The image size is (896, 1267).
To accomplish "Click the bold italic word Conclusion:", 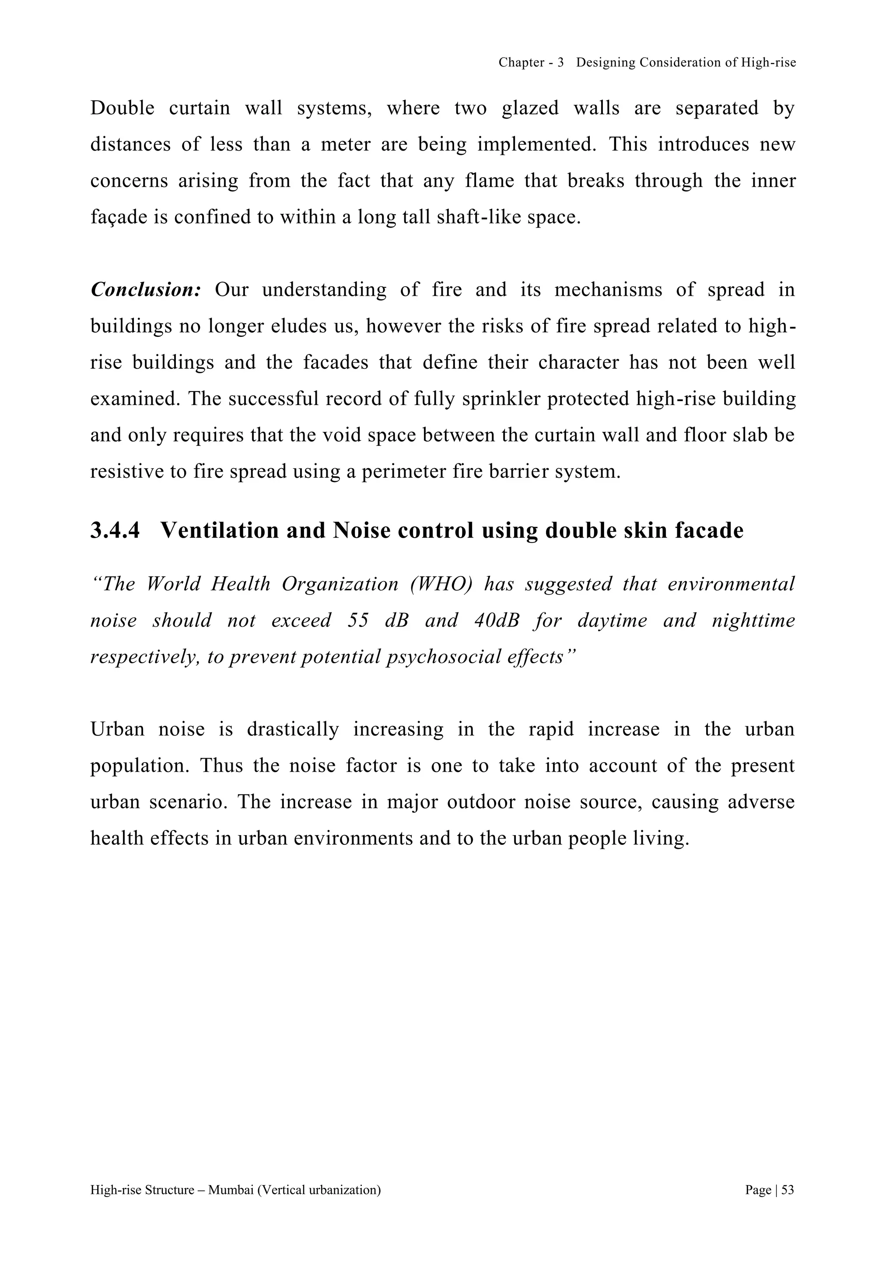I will click(x=146, y=290).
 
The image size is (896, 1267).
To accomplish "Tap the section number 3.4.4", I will click(x=115, y=531).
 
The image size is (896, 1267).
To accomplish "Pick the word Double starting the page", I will click(x=122, y=108).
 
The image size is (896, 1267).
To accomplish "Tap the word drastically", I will click(x=292, y=729).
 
